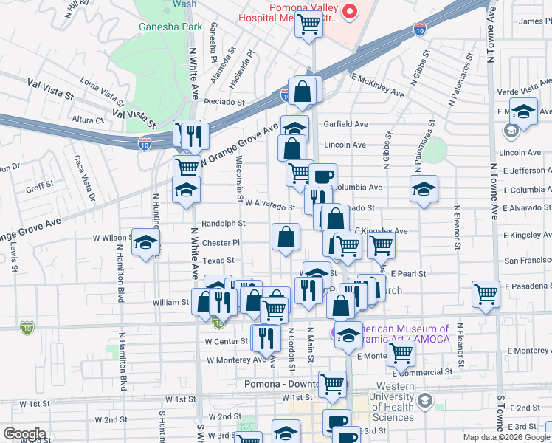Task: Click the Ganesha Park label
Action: click(159, 27)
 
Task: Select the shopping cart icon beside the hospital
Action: click(308, 24)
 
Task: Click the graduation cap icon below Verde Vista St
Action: click(523, 113)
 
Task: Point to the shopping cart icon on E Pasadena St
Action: click(486, 293)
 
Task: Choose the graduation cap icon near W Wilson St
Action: click(146, 242)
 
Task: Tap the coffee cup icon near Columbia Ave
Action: click(322, 176)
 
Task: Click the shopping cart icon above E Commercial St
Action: click(401, 353)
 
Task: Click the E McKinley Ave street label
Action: click(378, 85)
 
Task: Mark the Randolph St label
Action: click(222, 223)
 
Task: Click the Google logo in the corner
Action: click(24, 434)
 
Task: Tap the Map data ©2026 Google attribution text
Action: click(506, 437)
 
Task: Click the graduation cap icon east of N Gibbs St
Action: click(424, 189)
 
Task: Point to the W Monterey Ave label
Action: click(236, 360)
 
